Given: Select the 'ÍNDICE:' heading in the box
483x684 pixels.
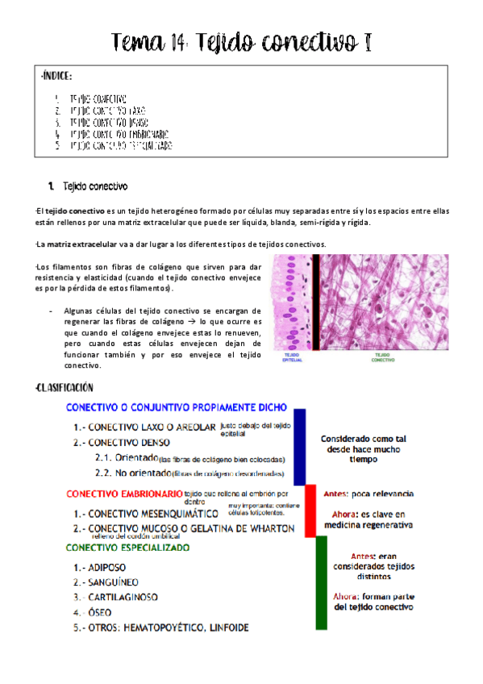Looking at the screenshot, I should point(56,77).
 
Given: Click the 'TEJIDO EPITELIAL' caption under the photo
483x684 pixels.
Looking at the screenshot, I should point(292,357).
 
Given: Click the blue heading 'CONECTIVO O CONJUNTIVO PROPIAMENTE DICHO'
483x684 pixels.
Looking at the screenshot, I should point(180,408).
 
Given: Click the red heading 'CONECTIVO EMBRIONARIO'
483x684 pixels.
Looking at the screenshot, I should point(123,494).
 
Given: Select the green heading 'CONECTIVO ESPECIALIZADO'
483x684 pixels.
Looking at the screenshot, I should point(128,548).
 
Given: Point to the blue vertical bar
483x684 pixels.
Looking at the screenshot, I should point(300,446).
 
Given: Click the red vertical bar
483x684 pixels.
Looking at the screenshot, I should point(310,511).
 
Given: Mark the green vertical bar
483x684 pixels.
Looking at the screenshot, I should point(321,582).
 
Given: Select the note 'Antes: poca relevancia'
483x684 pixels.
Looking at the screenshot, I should point(368,493).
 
